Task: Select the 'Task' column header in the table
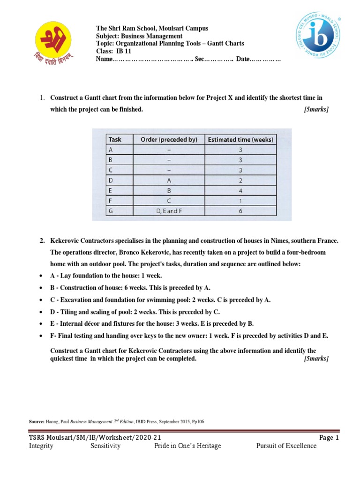click(x=115, y=139)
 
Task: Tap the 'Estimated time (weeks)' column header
click(x=241, y=139)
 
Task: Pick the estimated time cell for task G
click(x=241, y=211)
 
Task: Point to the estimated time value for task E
click(x=241, y=190)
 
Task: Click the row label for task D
click(x=111, y=180)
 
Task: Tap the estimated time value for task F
click(x=241, y=201)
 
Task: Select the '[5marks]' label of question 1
click(x=316, y=109)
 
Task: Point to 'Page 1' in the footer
click(x=329, y=437)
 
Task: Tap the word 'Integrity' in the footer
click(x=41, y=446)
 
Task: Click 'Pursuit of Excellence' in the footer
click(x=286, y=446)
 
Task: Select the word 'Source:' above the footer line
click(x=37, y=421)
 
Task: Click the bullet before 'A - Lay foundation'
click(x=43, y=276)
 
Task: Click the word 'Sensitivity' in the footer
click(x=105, y=446)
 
